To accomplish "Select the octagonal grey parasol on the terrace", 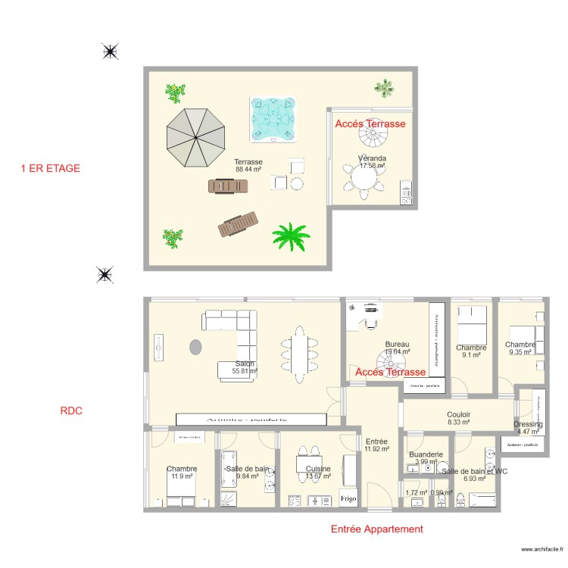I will point(197,137).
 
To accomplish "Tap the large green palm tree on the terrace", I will point(292,236).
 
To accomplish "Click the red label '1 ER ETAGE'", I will point(50,168).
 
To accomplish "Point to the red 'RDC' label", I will point(70,411).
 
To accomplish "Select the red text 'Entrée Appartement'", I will point(376,529).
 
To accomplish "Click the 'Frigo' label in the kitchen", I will point(348,500).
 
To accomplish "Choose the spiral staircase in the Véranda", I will point(372,139).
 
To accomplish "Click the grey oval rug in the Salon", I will point(196,348).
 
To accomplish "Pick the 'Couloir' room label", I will point(458,415).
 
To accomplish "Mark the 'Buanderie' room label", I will point(426,455).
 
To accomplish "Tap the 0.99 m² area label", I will point(441,492).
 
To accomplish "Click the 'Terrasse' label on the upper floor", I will point(248,162).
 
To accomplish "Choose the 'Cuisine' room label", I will point(318,469).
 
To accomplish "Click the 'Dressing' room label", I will point(527,424).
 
